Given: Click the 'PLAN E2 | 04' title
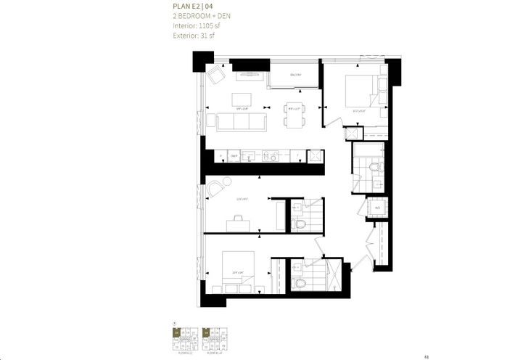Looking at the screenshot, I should [x=194, y=9].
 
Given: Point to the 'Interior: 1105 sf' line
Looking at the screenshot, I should [x=196, y=26].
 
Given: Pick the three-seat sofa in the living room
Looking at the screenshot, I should [x=242, y=121].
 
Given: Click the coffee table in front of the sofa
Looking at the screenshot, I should [x=243, y=99].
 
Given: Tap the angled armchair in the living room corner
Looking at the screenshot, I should [x=216, y=75].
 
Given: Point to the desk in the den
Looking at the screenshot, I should [x=239, y=224].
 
